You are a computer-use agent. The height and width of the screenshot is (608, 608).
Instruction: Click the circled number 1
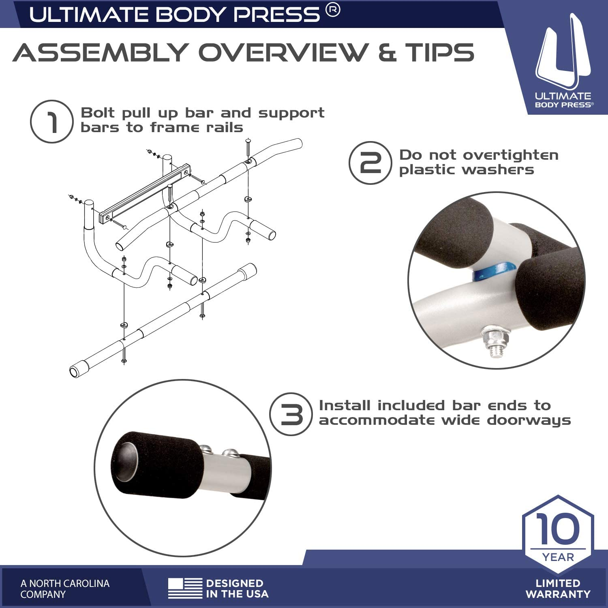[x=52, y=122]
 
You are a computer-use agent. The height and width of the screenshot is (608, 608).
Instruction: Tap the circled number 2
[x=370, y=163]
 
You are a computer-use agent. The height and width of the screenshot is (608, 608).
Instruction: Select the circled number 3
[x=291, y=414]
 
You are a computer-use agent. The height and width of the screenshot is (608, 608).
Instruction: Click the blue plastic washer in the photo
[x=494, y=271]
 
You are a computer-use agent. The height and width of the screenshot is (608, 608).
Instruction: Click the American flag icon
[x=185, y=589]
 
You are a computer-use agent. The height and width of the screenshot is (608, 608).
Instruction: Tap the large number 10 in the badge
[x=558, y=529]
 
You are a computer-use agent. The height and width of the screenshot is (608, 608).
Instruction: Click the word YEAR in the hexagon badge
[x=558, y=557]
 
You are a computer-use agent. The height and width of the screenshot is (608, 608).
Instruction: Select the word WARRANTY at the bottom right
[x=558, y=594]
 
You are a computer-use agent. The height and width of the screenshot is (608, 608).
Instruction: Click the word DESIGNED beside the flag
[x=235, y=583]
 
